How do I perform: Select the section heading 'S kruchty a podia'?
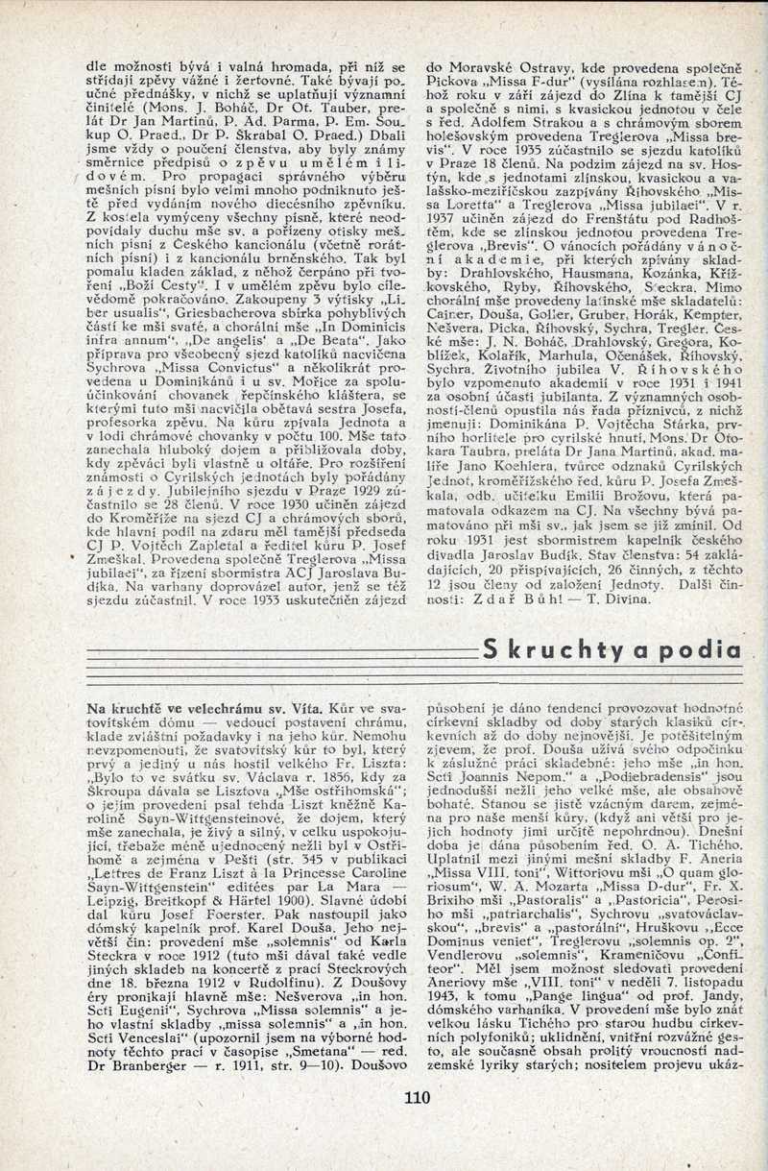click(612, 648)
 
